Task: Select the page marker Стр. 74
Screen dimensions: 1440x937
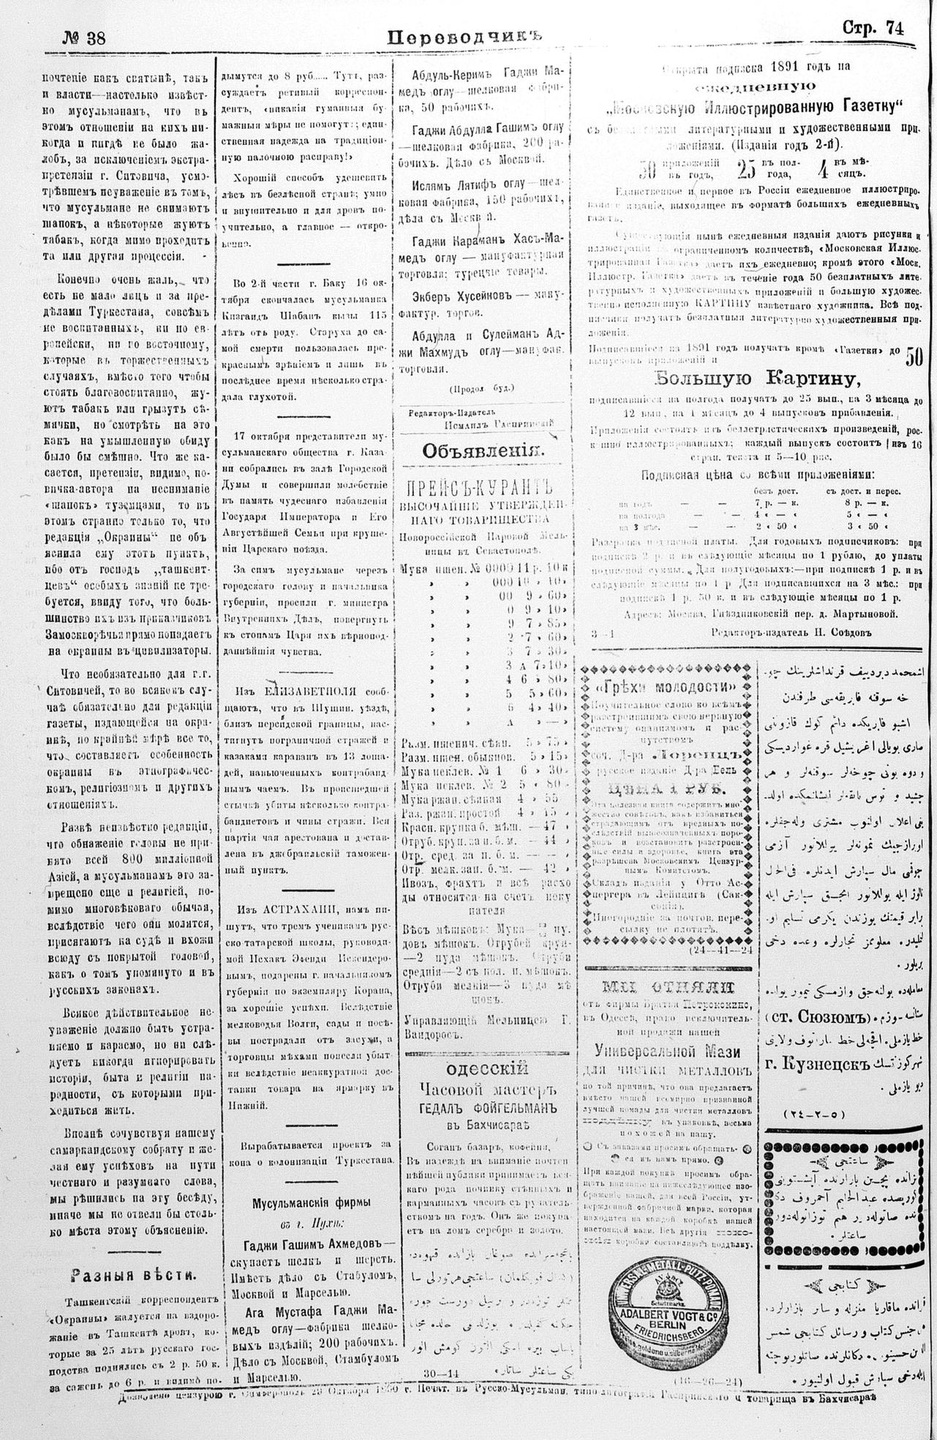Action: coord(873,29)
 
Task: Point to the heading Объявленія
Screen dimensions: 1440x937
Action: coord(483,451)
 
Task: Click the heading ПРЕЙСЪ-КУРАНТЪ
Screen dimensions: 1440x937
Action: coord(483,487)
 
